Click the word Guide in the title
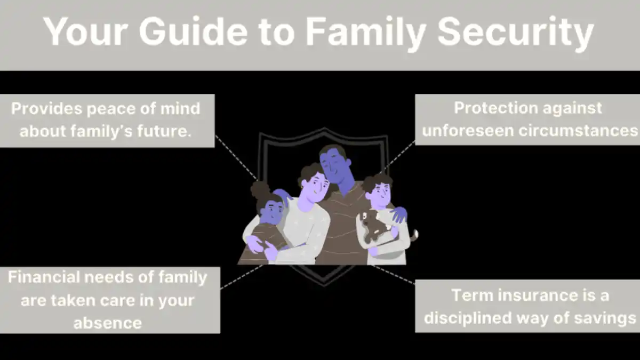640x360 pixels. tap(194, 31)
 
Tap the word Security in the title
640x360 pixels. tap(516, 34)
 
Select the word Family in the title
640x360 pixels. tap(366, 34)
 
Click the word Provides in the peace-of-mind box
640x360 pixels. tap(47, 109)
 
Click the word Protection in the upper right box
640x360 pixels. tap(496, 108)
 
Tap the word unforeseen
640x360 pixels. tap(468, 131)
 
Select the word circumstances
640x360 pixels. tap(578, 131)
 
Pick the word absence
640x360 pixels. tap(108, 323)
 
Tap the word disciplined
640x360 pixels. tap(468, 318)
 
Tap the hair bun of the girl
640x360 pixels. tap(260, 190)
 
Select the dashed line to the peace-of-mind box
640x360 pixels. tap(236, 158)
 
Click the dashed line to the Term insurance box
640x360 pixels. tap(393, 274)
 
